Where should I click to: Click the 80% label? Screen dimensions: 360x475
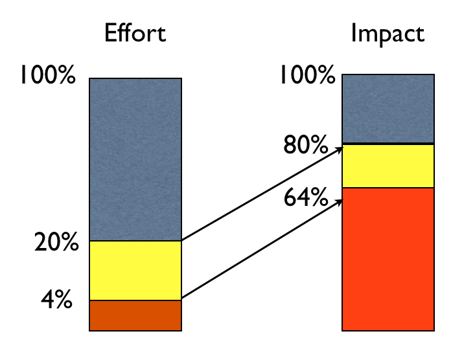[x=305, y=146]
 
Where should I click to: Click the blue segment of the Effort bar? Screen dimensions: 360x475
[x=135, y=159]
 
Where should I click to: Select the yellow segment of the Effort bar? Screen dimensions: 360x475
[x=135, y=271]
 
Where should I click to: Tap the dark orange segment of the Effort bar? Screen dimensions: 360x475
[x=135, y=315]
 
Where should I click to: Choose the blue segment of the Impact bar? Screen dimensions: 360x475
[x=388, y=108]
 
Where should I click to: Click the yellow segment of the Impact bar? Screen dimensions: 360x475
[x=388, y=166]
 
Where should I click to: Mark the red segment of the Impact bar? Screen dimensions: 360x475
[x=388, y=258]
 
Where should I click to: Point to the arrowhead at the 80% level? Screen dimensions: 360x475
[x=339, y=150]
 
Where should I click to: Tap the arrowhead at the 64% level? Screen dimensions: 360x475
[x=339, y=201]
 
